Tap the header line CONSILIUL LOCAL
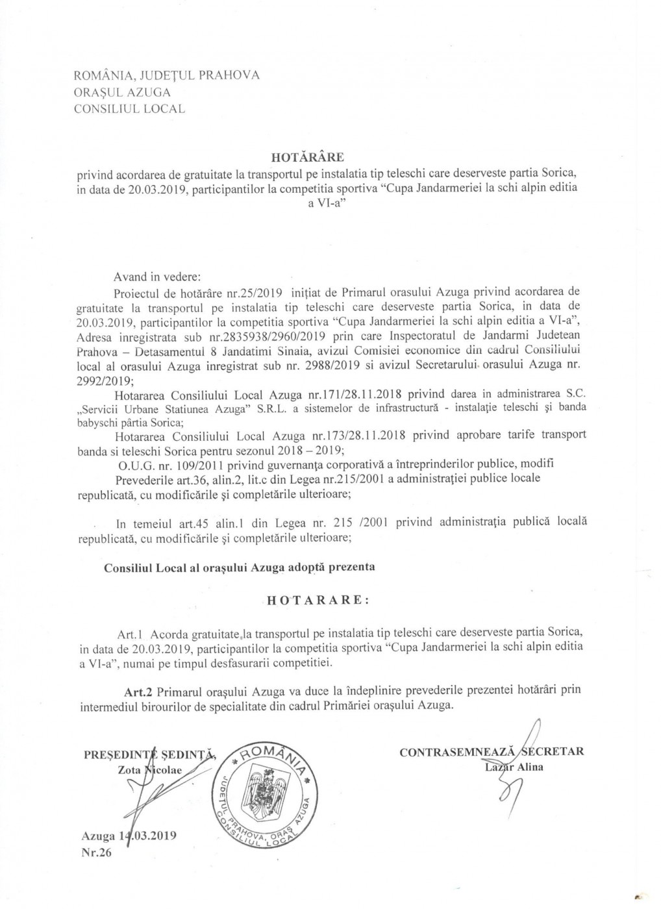pos(129,109)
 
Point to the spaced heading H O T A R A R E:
pos(318,600)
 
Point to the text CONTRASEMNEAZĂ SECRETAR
pos(492,752)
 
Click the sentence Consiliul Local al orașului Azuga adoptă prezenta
pos(240,567)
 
